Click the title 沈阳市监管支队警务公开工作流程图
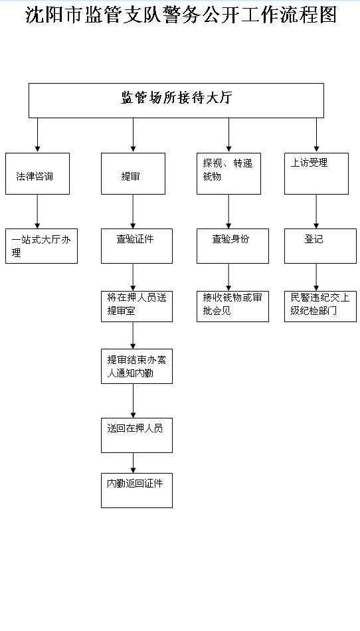click(x=181, y=15)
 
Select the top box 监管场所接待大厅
click(x=176, y=100)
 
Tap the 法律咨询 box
click(x=37, y=174)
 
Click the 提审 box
click(x=133, y=174)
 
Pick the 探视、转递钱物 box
click(x=229, y=174)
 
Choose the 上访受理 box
click(x=317, y=174)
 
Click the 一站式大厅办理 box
click(x=41, y=246)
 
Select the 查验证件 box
click(x=137, y=246)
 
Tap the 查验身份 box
click(x=233, y=246)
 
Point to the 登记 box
click(x=321, y=246)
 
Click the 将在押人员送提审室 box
click(x=137, y=307)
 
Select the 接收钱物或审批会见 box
click(x=233, y=307)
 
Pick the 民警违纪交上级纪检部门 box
click(x=321, y=307)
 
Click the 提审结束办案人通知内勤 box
click(x=137, y=366)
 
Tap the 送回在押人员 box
click(x=137, y=436)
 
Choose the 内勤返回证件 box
click(x=137, y=491)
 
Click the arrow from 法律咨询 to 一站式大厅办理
click(x=37, y=212)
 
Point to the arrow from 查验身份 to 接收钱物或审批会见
click(x=229, y=277)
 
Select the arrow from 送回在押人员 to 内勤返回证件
click(x=133, y=463)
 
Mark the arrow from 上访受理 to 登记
click(x=317, y=212)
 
